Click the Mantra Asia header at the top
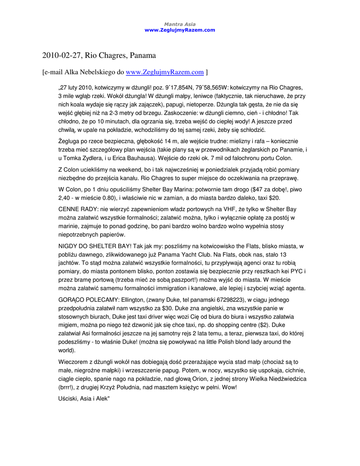click(179, 24)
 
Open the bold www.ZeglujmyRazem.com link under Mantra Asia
click(179, 30)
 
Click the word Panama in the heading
click(143, 56)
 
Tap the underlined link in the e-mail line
click(164, 72)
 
